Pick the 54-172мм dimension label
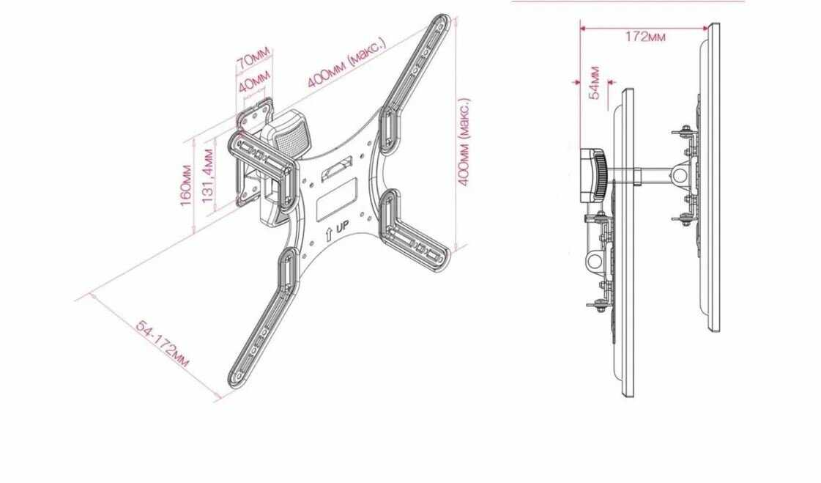(x=163, y=343)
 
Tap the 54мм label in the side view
(x=595, y=82)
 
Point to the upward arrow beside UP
(x=329, y=234)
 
